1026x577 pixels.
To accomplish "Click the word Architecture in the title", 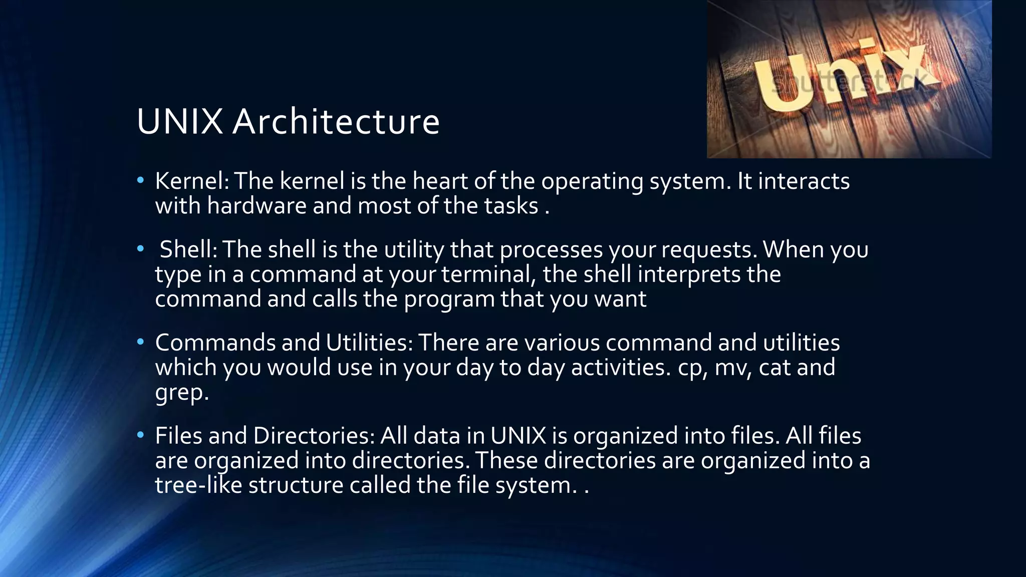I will click(x=336, y=122).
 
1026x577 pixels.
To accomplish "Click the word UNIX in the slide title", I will click(x=179, y=122).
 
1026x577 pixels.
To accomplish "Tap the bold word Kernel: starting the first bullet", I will click(x=192, y=181).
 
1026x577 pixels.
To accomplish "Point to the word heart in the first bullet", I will click(x=439, y=181).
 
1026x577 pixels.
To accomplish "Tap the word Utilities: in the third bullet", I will click(x=369, y=343).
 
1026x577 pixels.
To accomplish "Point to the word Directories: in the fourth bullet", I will click(x=314, y=436).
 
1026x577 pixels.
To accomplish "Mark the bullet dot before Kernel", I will click(x=140, y=180).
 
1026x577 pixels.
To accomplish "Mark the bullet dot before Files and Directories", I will click(x=140, y=434).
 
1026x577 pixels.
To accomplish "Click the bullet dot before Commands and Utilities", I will click(x=140, y=342).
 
